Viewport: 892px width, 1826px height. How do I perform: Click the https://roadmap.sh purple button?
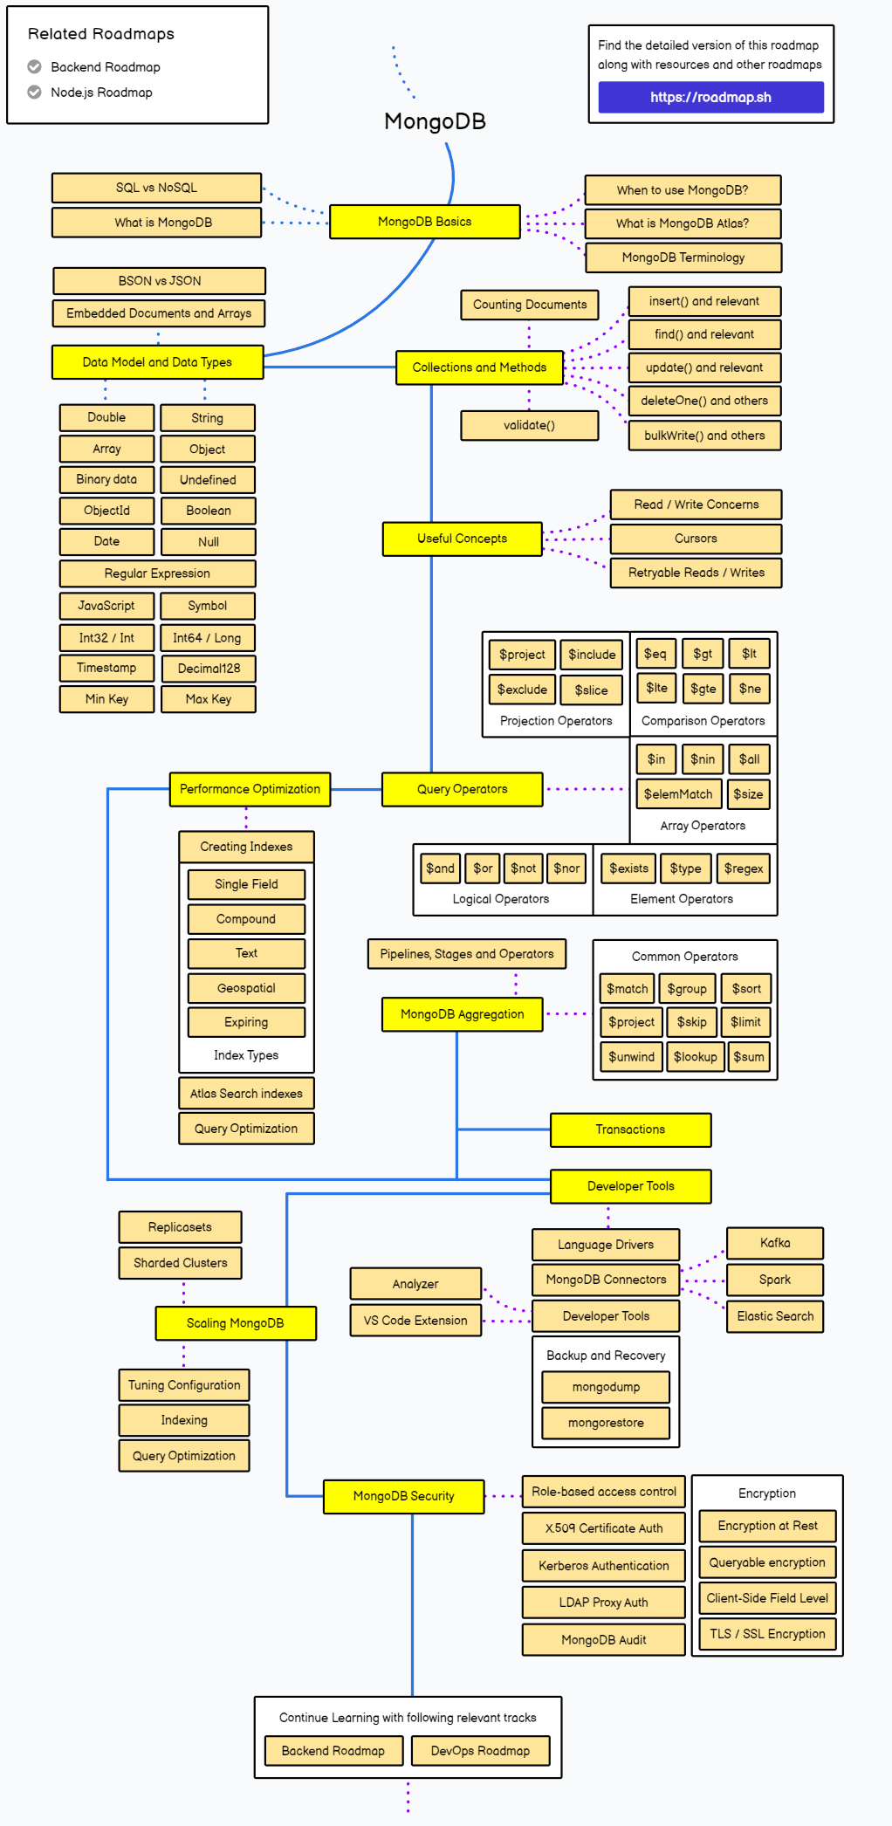coord(710,97)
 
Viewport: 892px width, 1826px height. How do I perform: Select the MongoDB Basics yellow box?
coord(424,222)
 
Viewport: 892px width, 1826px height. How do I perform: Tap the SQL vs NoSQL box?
coord(156,188)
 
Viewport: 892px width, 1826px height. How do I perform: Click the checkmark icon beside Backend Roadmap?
coord(34,66)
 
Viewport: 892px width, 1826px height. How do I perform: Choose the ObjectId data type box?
coord(106,511)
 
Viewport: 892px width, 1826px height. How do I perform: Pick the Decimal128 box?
coord(209,669)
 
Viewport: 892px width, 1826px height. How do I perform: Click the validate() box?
coord(529,425)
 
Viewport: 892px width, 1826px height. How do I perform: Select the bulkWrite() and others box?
coord(704,436)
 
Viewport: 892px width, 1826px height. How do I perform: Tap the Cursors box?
coord(696,539)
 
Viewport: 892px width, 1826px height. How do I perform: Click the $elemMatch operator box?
coord(678,794)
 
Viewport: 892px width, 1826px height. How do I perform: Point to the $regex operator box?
coord(744,868)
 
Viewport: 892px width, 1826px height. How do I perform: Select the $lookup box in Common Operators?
coord(695,1057)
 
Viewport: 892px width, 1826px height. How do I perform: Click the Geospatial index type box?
coord(246,988)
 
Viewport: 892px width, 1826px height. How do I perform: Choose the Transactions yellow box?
coord(630,1129)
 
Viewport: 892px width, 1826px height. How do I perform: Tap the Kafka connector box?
coord(774,1243)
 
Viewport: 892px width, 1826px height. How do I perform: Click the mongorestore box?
coord(606,1423)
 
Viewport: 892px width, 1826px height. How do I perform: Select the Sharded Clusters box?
coord(180,1263)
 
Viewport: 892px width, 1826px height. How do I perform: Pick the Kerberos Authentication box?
coord(603,1566)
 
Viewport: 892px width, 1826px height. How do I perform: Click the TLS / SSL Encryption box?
coord(767,1634)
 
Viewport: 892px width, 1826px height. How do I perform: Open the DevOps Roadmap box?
coord(480,1751)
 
